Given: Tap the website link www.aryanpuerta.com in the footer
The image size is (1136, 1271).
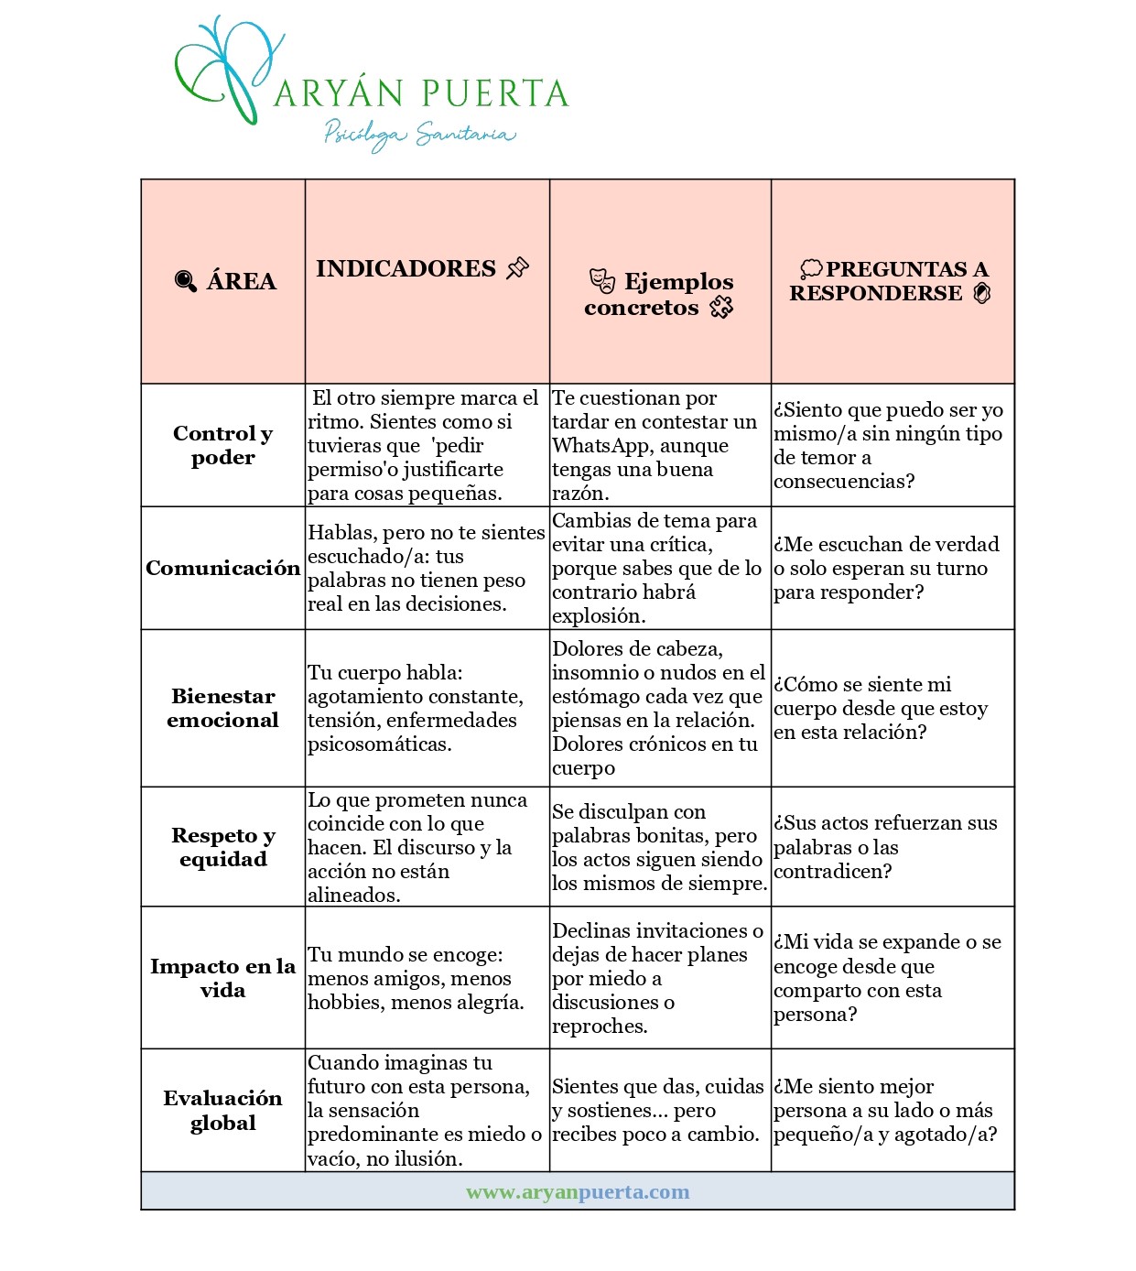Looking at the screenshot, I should [x=578, y=1191].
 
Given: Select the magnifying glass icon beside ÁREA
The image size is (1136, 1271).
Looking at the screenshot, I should [x=185, y=281].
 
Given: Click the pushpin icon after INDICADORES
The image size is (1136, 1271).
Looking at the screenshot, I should [x=518, y=268].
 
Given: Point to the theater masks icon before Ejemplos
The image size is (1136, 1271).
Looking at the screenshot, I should [x=601, y=280].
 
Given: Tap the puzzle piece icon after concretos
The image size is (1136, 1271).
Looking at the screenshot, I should [x=721, y=307].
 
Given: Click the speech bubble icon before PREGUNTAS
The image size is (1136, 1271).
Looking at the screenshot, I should [x=811, y=268].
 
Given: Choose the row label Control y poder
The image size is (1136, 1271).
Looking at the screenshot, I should [x=222, y=445].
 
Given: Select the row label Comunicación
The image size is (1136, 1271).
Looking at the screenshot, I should [x=222, y=568].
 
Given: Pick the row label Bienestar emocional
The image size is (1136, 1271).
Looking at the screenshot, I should [x=222, y=708].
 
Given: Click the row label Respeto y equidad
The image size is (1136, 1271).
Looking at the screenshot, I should [x=222, y=847].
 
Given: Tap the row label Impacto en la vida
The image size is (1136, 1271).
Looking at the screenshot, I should [x=222, y=978].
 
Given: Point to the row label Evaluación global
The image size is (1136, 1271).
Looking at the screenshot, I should [x=222, y=1110].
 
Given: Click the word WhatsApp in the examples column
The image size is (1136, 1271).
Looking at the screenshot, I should [x=595, y=446].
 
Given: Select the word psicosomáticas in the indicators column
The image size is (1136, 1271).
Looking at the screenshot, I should [x=379, y=744].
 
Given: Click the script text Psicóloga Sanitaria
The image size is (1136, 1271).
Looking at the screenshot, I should [x=420, y=135].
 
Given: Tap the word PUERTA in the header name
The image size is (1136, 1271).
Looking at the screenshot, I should [x=495, y=93].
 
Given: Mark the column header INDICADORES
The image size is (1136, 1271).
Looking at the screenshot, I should [x=406, y=268].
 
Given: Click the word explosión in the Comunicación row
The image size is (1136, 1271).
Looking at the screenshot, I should [x=598, y=615].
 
